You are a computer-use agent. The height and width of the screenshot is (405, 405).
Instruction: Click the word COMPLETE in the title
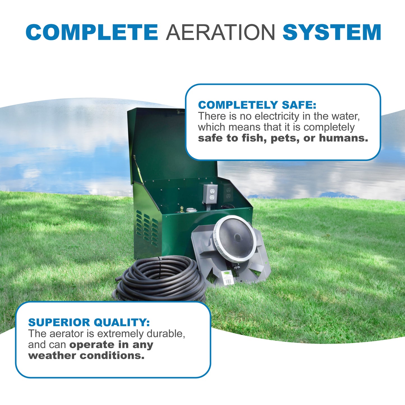point(92,32)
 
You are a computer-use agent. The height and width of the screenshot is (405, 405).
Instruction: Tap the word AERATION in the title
point(220,32)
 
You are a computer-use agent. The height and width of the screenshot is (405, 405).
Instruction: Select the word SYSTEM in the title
point(332,32)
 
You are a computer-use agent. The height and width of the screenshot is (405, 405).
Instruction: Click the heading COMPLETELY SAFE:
point(257,105)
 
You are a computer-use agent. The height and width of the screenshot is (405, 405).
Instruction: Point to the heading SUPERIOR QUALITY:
point(89,322)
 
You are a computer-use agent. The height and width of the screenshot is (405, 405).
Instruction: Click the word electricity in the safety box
point(277,116)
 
